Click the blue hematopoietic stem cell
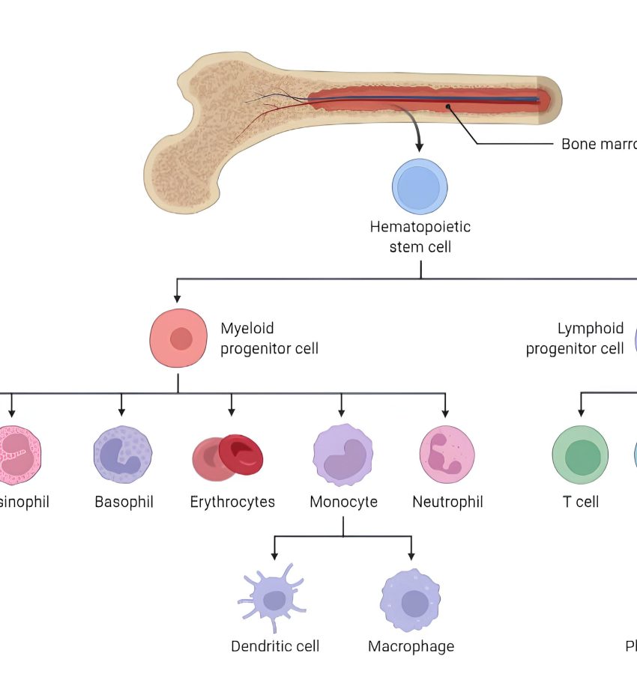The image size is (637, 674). click(420, 186)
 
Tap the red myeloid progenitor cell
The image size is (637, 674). click(178, 338)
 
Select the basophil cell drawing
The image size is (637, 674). click(123, 455)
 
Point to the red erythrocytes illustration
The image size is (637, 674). click(229, 457)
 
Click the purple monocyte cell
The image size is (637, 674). click(342, 455)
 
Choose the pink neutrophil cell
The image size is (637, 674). click(447, 455)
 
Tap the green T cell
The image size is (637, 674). click(580, 456)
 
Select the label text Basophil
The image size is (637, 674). click(124, 502)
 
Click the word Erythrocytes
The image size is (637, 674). click(232, 502)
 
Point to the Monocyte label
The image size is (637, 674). click(343, 502)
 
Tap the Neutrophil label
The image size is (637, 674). click(447, 502)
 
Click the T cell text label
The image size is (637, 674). click(581, 502)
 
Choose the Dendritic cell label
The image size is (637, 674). click(275, 646)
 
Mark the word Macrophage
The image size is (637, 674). click(411, 646)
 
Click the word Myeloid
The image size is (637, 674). click(247, 328)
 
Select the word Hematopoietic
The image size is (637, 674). click(420, 226)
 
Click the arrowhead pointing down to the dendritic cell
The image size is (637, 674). click(274, 555)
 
